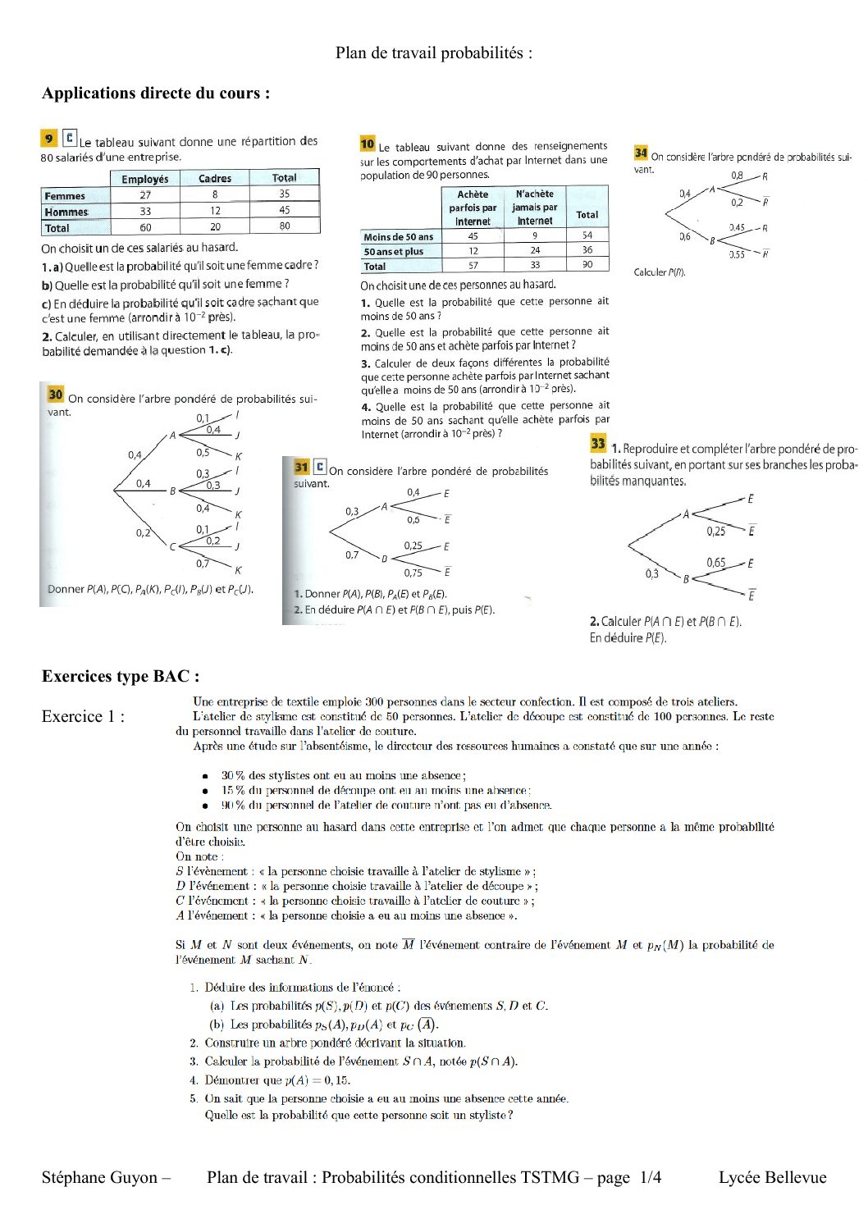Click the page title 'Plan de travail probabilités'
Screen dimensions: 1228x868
coord(433,53)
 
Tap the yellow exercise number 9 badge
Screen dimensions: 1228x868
coord(50,139)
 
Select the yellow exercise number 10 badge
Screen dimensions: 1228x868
coord(368,144)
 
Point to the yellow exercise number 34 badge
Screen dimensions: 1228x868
coord(641,153)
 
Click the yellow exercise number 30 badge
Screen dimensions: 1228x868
coord(56,395)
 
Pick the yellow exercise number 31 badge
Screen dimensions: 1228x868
coord(301,467)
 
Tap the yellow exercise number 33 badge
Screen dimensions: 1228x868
coord(598,444)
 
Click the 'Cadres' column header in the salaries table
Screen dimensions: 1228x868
coord(215,178)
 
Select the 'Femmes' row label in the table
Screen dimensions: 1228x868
coord(65,196)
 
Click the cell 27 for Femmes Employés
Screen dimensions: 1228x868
coord(145,195)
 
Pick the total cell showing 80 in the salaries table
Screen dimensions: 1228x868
coord(284,226)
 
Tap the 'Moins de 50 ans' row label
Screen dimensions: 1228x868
coord(399,237)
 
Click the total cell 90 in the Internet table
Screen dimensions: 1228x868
coord(587,265)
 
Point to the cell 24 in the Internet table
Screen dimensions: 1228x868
coord(535,250)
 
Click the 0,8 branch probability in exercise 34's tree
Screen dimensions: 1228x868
coord(737,176)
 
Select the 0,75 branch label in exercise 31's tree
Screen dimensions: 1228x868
coord(413,573)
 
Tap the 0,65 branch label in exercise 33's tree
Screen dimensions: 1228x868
coord(715,562)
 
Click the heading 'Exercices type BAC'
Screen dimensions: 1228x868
coord(121,677)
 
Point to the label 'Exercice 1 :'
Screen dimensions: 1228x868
coord(83,717)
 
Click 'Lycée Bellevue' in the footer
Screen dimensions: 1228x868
coord(772,1178)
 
